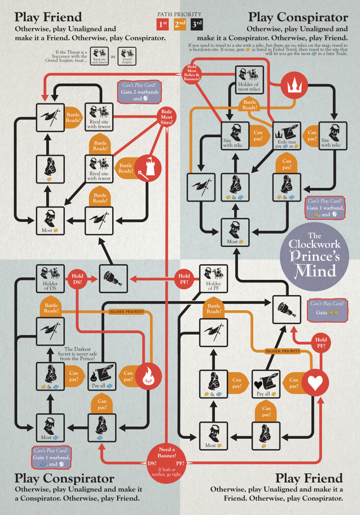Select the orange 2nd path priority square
coord(180,24)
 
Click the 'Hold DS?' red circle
coord(79,278)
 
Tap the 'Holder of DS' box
coord(51,279)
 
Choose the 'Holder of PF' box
coord(213,279)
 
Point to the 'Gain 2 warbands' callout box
coord(138,92)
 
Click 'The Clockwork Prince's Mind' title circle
coord(314,255)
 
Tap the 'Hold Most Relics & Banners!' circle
coord(194,73)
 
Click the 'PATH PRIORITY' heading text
coord(180,14)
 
